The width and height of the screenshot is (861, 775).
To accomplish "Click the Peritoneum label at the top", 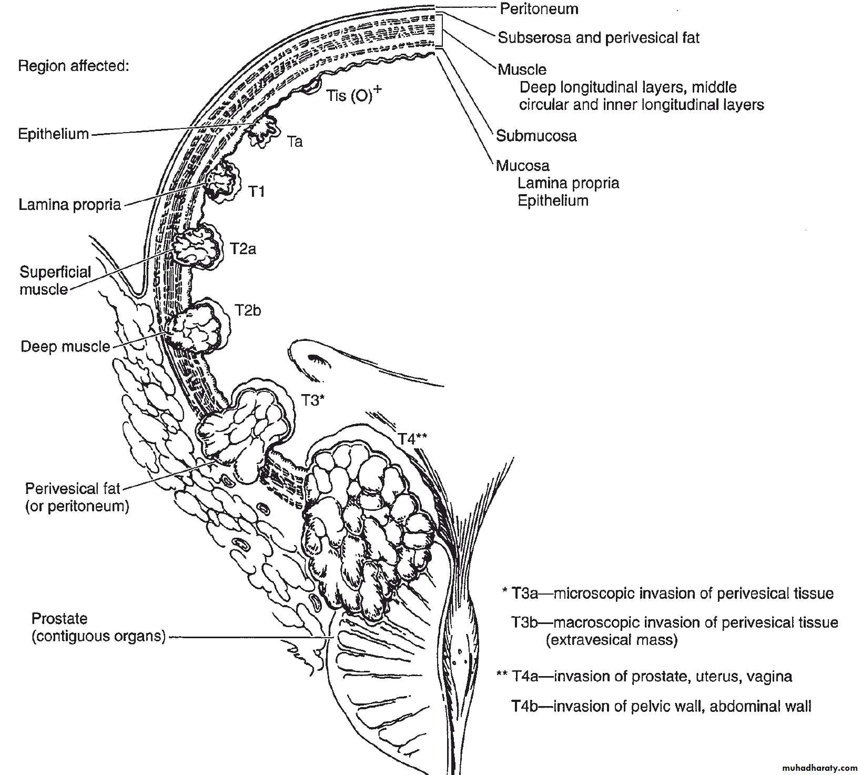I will point(539,9).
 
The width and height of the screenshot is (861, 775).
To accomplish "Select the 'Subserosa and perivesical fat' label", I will point(599,38).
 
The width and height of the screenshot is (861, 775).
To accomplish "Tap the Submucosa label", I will point(536,136).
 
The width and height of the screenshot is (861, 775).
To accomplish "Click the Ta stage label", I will point(295,142).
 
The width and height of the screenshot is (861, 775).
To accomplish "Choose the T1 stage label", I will point(256,192).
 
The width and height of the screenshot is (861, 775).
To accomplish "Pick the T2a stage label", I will point(243,248).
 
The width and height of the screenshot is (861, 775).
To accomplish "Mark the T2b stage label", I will point(248,310).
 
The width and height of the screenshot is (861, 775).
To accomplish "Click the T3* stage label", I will point(312,400).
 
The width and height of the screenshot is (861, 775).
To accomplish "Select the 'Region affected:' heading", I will point(74,66).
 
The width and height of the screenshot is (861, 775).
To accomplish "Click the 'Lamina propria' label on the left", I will point(69,204).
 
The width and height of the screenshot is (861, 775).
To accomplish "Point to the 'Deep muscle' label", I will point(65,347).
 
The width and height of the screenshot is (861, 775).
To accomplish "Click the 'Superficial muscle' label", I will point(55,280).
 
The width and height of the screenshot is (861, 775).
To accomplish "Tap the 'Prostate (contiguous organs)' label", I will point(98,627).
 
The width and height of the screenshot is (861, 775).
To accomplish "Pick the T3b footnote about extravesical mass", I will point(674,631).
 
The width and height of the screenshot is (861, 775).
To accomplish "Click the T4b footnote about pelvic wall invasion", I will point(661,706).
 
